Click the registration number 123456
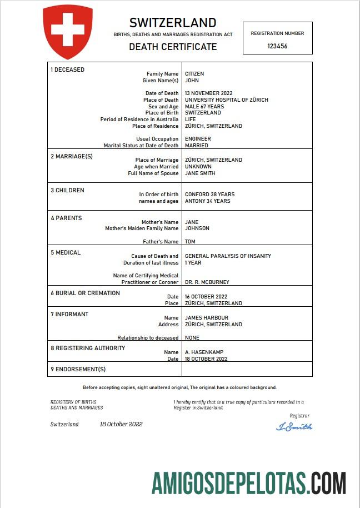click(x=277, y=47)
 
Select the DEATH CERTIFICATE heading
click(x=173, y=47)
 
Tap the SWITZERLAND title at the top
click(x=173, y=23)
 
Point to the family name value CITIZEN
click(x=194, y=74)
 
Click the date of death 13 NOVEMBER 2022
click(x=208, y=93)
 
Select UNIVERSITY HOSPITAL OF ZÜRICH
click(x=226, y=100)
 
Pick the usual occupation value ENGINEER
click(x=198, y=139)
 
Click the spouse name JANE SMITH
click(x=200, y=173)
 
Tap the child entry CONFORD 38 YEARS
click(x=209, y=195)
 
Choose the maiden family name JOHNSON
click(x=197, y=228)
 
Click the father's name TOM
click(x=190, y=242)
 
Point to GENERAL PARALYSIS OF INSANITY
click(x=228, y=256)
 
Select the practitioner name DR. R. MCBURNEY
click(x=207, y=282)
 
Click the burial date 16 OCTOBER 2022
click(x=206, y=297)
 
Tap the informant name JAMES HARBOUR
click(x=206, y=318)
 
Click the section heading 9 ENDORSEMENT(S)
click(x=78, y=369)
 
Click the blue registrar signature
click(x=294, y=427)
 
